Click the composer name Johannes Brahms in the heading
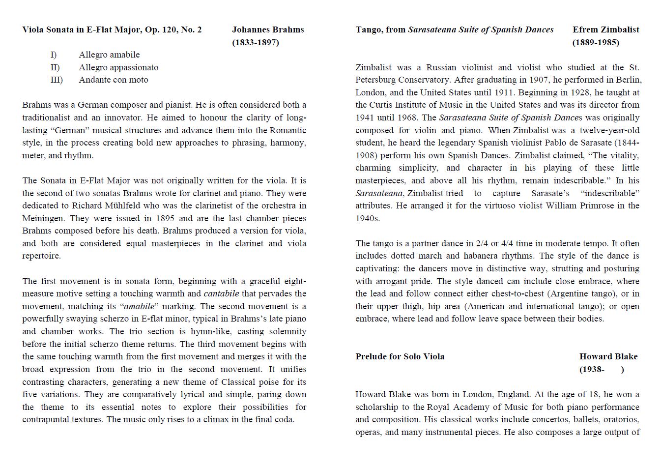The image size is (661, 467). (268, 29)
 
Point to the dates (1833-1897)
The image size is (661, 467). (256, 42)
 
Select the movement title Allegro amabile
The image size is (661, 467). (109, 55)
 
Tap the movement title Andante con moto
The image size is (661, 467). (114, 80)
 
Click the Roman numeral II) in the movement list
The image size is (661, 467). (55, 67)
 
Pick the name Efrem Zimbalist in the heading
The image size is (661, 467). (605, 29)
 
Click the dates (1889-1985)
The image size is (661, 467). (596, 42)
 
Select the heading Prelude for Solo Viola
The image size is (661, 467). (400, 356)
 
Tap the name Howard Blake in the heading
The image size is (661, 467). (608, 356)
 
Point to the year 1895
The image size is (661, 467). (165, 218)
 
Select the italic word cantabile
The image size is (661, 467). (221, 293)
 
